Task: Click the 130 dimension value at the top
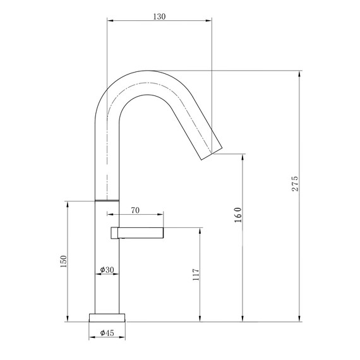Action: click(x=159, y=16)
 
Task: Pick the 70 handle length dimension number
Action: click(x=135, y=210)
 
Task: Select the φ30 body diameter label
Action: click(x=107, y=270)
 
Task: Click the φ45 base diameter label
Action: click(x=107, y=332)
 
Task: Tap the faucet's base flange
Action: click(x=107, y=316)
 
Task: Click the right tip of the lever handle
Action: click(x=164, y=232)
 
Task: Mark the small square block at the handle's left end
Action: click(x=114, y=233)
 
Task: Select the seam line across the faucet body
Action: click(x=107, y=199)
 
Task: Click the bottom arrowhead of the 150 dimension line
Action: click(x=68, y=318)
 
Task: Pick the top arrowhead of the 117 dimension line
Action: click(x=201, y=229)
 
